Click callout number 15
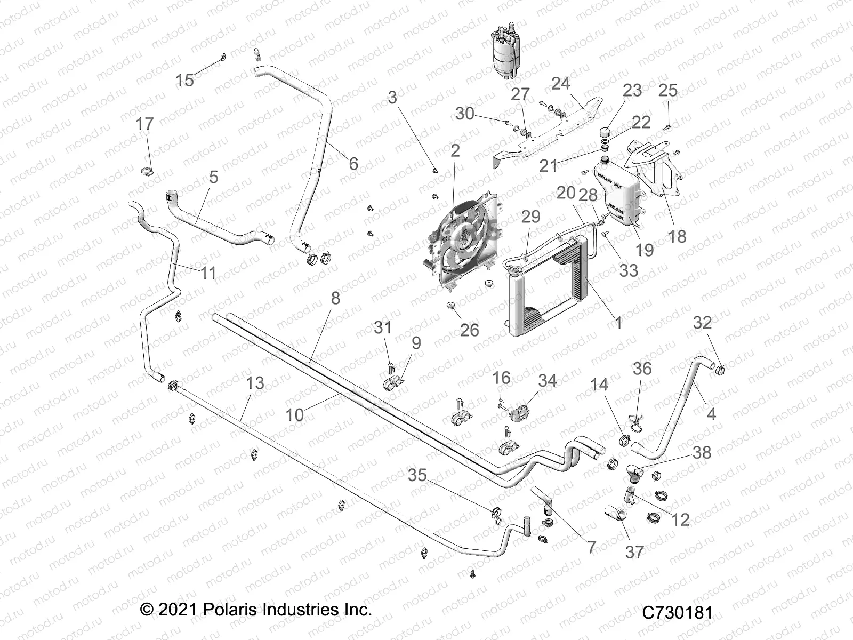[x=185, y=81]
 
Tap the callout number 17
[x=144, y=124]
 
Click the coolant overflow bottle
[x=619, y=201]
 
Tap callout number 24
[x=560, y=83]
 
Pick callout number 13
[x=255, y=382]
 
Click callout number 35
[x=417, y=475]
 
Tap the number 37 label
[x=634, y=552]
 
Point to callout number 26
[x=469, y=330]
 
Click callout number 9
[x=416, y=343]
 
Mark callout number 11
[x=208, y=273]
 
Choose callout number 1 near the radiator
[x=618, y=323]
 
